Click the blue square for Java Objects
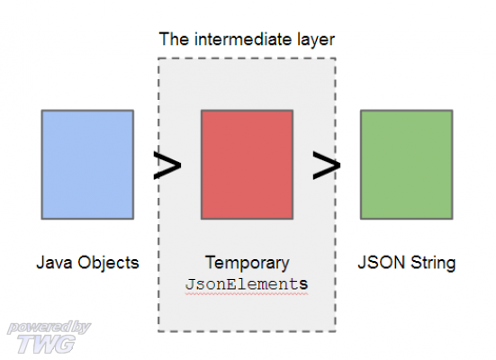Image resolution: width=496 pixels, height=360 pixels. (87, 165)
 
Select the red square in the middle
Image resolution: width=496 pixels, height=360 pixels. (247, 165)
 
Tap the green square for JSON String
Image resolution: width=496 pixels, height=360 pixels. (407, 165)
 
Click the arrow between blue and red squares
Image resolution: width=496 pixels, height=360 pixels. (167, 165)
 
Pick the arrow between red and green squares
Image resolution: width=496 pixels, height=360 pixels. (327, 165)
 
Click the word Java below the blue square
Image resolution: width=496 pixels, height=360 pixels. (54, 263)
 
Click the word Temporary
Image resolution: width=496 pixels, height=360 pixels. (248, 264)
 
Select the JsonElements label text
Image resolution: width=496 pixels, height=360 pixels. (247, 284)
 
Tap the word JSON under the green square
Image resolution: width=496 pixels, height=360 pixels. (382, 263)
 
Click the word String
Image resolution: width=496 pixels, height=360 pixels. (433, 264)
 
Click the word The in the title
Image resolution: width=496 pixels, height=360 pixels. (174, 40)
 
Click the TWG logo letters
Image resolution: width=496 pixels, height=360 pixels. (47, 344)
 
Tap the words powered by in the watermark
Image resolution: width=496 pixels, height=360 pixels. (49, 328)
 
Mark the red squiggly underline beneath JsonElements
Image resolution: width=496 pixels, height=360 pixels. (247, 294)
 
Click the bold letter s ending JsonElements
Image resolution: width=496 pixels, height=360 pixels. (303, 284)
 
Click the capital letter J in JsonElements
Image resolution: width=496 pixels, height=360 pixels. (190, 284)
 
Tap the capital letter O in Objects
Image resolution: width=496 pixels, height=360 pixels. (84, 263)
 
